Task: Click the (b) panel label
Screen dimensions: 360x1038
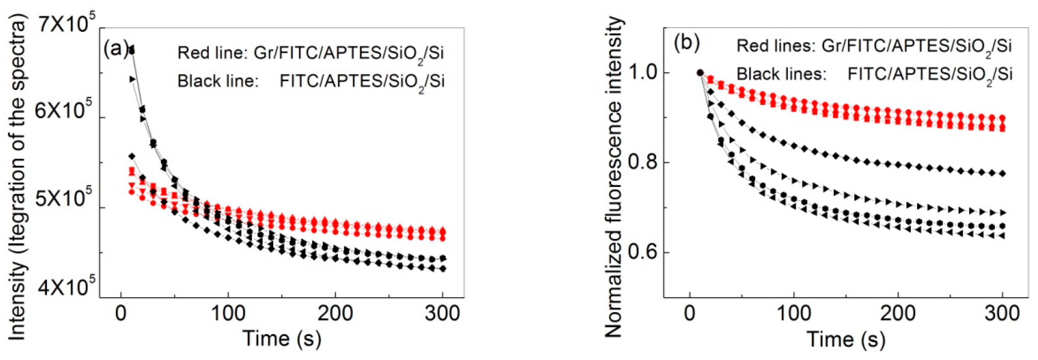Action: [687, 43]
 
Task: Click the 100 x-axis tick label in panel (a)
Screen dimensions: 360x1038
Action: [228, 313]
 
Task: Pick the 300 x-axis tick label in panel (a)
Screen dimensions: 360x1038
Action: [443, 313]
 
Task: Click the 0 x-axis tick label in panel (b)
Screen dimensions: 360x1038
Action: [690, 313]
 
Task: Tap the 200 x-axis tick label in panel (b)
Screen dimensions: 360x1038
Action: [898, 313]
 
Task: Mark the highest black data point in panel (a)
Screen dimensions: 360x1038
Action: [131, 50]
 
